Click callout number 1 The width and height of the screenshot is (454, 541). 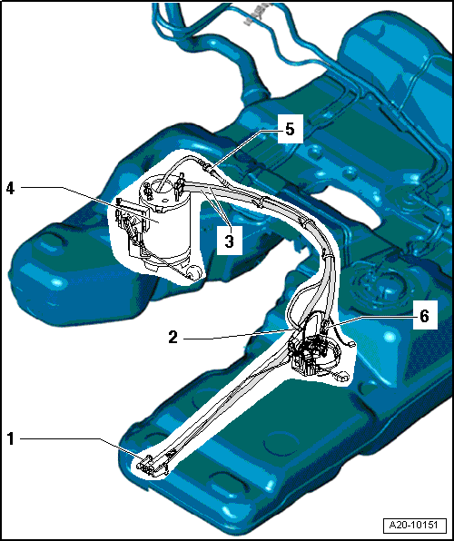click(x=11, y=439)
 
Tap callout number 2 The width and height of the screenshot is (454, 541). click(x=173, y=337)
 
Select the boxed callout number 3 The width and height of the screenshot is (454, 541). click(x=229, y=241)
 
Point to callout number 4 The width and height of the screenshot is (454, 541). click(x=11, y=189)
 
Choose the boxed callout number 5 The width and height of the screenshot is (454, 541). click(x=290, y=129)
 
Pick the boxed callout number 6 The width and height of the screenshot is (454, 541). click(x=424, y=315)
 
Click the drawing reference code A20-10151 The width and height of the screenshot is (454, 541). click(x=413, y=526)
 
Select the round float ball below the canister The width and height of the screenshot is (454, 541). click(x=193, y=271)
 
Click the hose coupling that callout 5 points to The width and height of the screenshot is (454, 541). click(x=208, y=168)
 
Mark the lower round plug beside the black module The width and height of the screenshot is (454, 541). click(x=343, y=375)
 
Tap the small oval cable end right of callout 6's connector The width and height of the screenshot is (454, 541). click(x=350, y=344)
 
